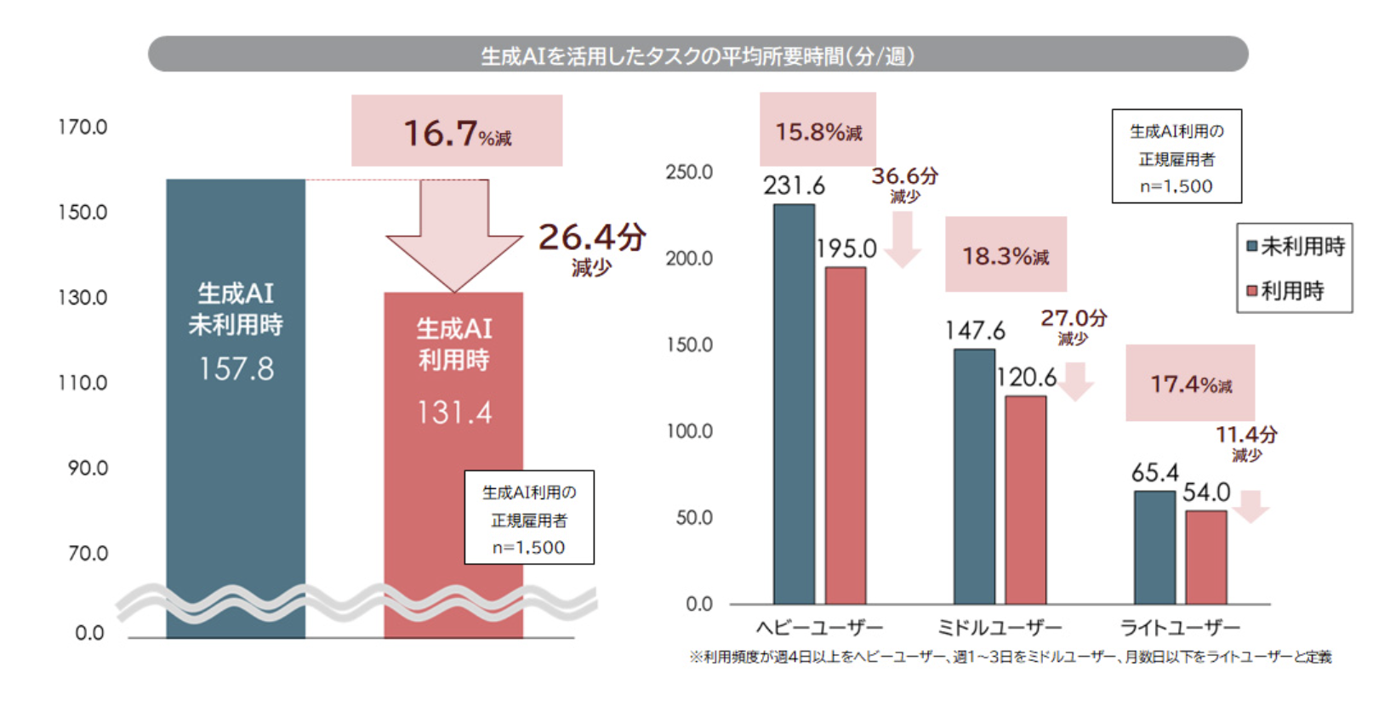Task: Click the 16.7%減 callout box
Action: point(457,130)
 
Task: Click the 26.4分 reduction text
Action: point(592,238)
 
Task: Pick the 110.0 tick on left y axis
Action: point(83,383)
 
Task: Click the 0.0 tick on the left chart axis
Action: point(88,633)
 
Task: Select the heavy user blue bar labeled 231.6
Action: point(794,404)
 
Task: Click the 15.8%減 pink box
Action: point(817,129)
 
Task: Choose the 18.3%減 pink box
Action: point(1005,254)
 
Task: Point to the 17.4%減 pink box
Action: point(1190,383)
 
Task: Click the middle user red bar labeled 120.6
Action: point(1026,500)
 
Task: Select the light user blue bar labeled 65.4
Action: point(1154,548)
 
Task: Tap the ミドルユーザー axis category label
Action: point(1000,628)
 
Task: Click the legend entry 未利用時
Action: point(1295,247)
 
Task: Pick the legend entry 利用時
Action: point(1285,291)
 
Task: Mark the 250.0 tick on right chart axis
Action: point(689,172)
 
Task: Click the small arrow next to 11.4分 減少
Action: point(1250,505)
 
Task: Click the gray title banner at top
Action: point(698,54)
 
